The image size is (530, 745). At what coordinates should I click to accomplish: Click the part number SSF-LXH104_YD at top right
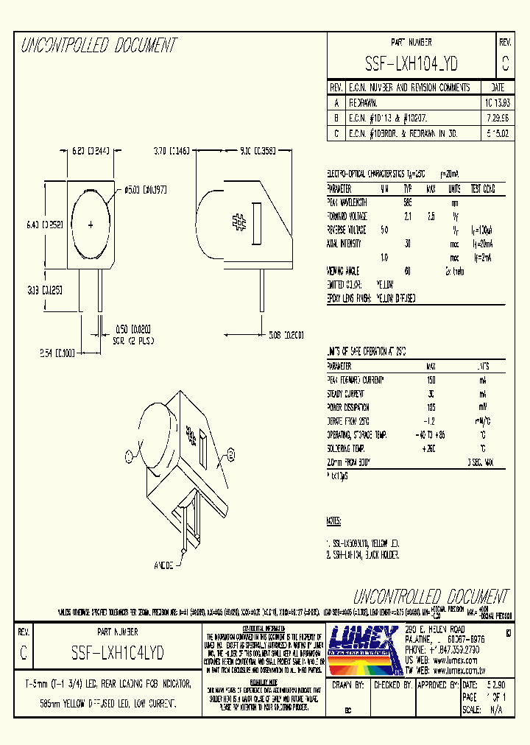pyautogui.click(x=411, y=64)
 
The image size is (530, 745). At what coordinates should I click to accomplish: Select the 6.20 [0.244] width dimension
pyautogui.click(x=91, y=151)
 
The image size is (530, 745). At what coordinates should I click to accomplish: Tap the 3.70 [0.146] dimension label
pyautogui.click(x=172, y=151)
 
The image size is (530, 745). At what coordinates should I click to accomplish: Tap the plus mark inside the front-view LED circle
pyautogui.click(x=91, y=225)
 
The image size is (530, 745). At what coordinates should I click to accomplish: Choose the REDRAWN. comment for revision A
pyautogui.click(x=364, y=102)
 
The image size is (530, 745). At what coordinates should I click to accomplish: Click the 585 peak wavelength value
pyautogui.click(x=407, y=202)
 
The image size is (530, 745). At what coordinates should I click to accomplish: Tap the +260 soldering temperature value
pyautogui.click(x=430, y=448)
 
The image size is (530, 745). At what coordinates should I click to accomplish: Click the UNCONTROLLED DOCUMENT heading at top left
pyautogui.click(x=99, y=46)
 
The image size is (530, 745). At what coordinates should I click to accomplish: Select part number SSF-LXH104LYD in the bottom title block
pyautogui.click(x=117, y=652)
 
